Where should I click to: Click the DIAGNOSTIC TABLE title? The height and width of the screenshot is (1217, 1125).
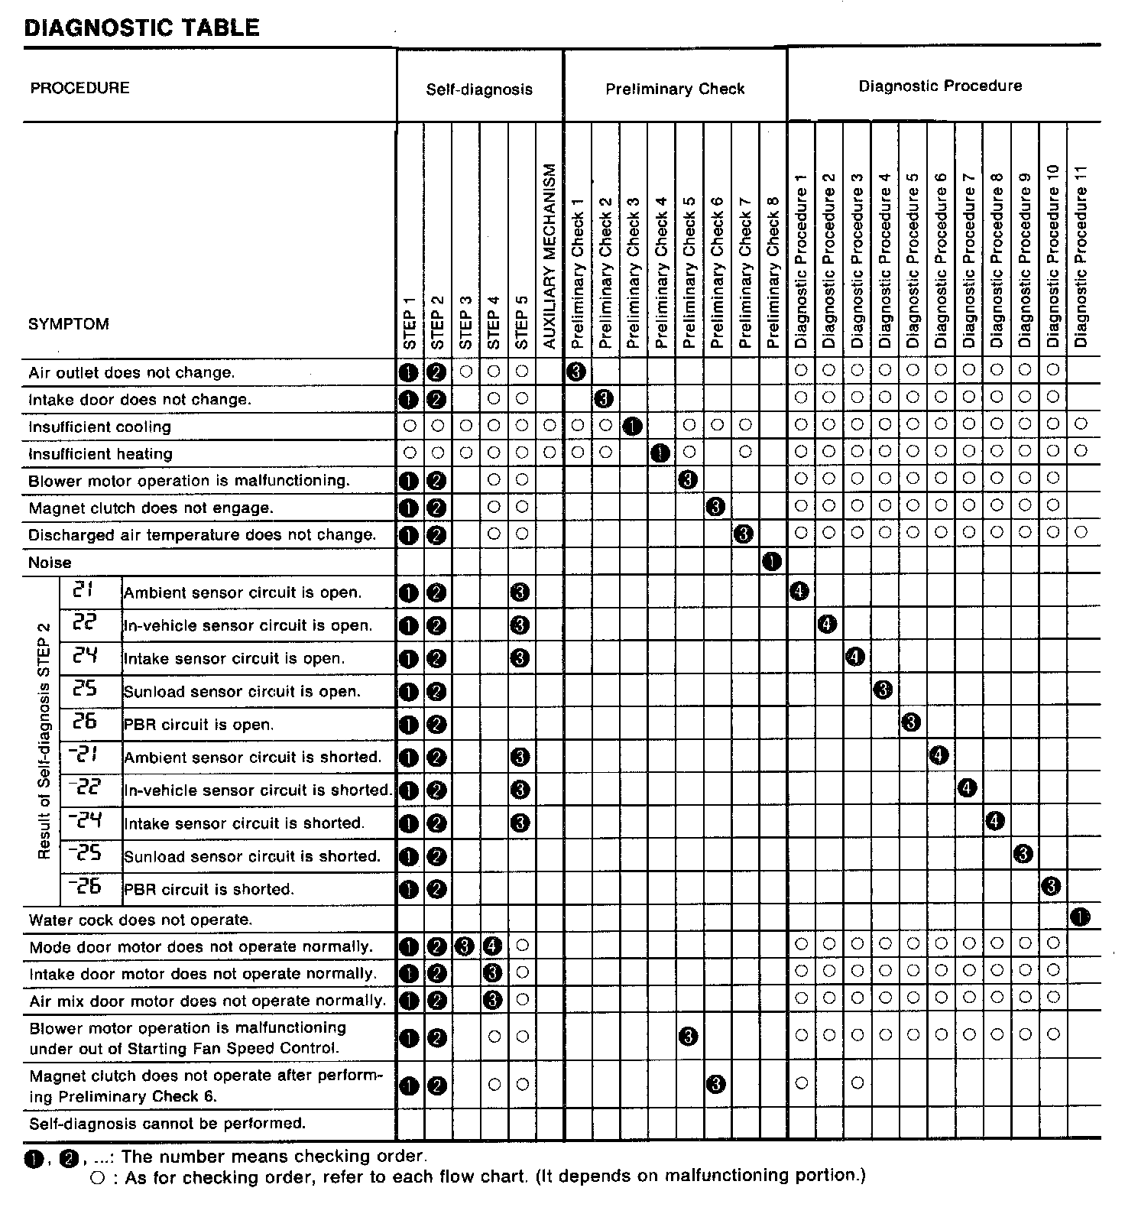pos(142,28)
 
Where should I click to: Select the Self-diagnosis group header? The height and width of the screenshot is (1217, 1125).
pos(479,89)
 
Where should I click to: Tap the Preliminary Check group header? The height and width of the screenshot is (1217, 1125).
pos(675,89)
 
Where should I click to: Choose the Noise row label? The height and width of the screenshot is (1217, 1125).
pos(50,563)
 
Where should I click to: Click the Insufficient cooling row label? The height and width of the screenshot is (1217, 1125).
pos(99,427)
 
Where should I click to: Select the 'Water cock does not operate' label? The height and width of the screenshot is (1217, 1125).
pos(140,920)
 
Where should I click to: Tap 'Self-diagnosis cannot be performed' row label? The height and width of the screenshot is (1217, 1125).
pos(167,1124)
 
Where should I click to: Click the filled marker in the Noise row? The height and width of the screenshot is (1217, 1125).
pos(772,563)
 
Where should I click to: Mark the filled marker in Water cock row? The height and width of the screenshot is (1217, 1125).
pos(1080,917)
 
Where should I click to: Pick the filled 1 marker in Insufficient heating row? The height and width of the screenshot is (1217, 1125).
pos(660,453)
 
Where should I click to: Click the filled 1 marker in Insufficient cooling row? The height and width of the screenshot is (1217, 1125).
pos(632,427)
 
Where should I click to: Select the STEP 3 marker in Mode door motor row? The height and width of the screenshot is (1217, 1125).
pos(465,946)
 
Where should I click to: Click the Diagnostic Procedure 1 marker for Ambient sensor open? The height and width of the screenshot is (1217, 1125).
pos(799,591)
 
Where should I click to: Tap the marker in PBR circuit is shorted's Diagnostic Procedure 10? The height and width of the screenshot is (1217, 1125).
pos(1052,887)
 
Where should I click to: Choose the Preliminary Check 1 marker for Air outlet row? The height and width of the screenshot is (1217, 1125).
pos(577,372)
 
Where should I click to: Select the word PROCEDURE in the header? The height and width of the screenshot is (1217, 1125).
pos(79,88)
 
